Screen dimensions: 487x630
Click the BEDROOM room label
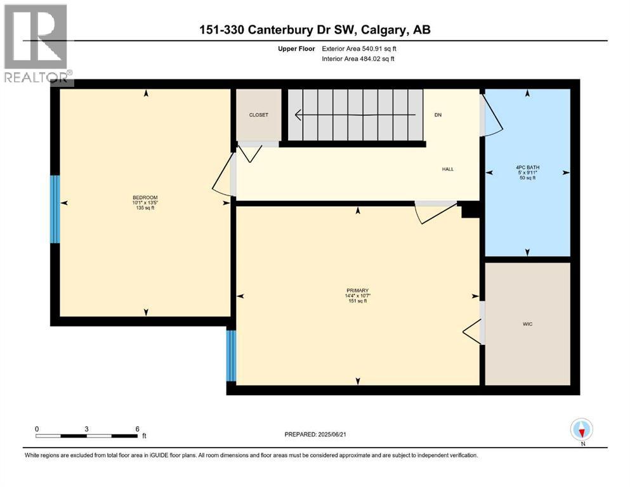click(x=145, y=197)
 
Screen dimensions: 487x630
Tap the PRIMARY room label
click(x=358, y=290)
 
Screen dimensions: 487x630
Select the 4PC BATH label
click(x=527, y=168)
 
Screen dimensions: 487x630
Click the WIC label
click(x=527, y=324)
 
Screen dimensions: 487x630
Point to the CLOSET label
click(x=258, y=115)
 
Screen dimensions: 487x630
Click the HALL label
click(x=449, y=169)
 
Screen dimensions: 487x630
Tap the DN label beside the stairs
click(x=438, y=115)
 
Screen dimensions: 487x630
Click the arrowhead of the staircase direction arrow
click(x=298, y=115)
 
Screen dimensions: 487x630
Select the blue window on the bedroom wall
click(x=55, y=209)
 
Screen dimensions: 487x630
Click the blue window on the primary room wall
click(x=231, y=356)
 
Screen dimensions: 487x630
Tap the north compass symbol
click(x=582, y=430)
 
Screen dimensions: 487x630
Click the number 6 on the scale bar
click(x=137, y=429)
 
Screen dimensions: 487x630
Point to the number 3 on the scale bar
click(x=86, y=429)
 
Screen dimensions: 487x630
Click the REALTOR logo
click(x=36, y=44)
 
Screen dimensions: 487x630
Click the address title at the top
click(x=315, y=30)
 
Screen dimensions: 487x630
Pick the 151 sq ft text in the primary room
click(x=358, y=301)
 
